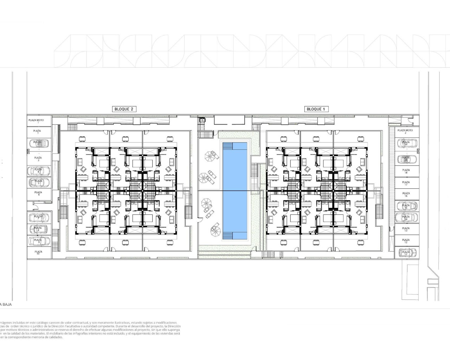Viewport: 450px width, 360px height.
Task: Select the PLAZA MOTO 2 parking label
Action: click(x=405, y=131)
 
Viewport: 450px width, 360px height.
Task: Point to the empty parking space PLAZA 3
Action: click(x=38, y=159)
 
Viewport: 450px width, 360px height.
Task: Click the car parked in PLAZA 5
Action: click(x=39, y=182)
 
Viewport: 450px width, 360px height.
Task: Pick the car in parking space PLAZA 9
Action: click(x=39, y=241)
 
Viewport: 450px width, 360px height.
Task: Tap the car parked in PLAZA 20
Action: click(x=407, y=143)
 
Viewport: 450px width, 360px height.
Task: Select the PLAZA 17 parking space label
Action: click(x=406, y=183)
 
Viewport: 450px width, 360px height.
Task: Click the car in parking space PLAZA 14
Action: click(x=406, y=218)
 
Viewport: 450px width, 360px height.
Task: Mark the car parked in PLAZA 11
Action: click(x=406, y=252)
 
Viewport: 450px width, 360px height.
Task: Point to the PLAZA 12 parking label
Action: click(x=406, y=241)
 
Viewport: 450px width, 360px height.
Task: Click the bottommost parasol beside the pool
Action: click(x=215, y=231)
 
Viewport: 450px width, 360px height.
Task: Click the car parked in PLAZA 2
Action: click(x=39, y=143)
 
